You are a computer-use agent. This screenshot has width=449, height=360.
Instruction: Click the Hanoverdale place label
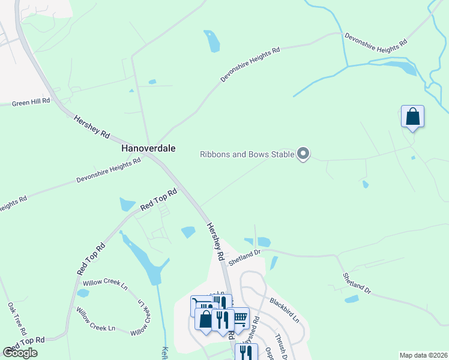click(x=148, y=148)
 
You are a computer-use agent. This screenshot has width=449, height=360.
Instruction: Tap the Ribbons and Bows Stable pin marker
click(x=303, y=154)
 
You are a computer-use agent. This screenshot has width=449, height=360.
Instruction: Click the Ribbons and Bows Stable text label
click(x=247, y=155)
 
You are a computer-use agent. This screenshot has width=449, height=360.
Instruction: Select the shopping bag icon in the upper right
click(x=412, y=116)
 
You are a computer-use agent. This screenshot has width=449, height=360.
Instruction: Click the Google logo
click(x=20, y=352)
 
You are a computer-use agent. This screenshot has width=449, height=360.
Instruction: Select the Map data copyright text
click(x=423, y=355)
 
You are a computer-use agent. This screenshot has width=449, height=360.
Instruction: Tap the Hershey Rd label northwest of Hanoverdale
click(x=92, y=126)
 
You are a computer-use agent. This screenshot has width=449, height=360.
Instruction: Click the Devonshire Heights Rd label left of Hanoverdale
click(x=108, y=170)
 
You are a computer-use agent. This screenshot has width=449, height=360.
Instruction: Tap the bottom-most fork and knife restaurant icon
click(x=246, y=352)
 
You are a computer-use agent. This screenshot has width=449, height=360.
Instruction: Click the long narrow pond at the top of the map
click(x=212, y=41)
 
